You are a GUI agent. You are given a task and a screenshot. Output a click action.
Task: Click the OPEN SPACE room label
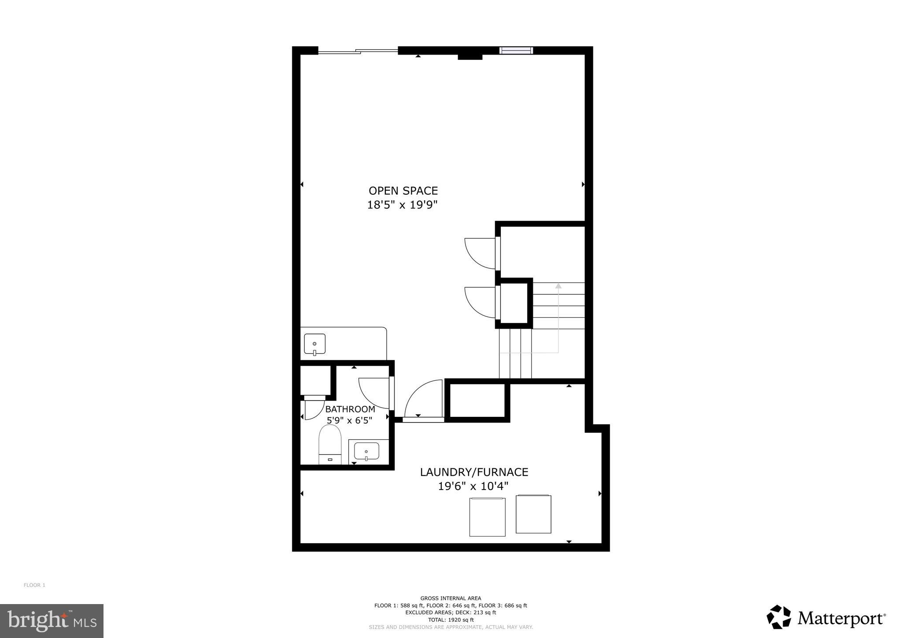pyautogui.click(x=403, y=191)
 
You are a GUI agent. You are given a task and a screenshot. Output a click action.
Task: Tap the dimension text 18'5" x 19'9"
pyautogui.click(x=403, y=205)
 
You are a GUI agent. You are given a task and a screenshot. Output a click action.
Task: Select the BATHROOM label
pyautogui.click(x=350, y=409)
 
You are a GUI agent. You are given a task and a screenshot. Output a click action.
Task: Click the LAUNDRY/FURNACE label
pyautogui.click(x=474, y=472)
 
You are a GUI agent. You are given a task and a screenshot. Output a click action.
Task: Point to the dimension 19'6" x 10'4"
pyautogui.click(x=473, y=486)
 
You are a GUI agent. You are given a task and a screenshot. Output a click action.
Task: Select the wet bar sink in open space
pyautogui.click(x=314, y=344)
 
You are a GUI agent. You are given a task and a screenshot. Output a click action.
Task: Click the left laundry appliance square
pyautogui.click(x=487, y=517)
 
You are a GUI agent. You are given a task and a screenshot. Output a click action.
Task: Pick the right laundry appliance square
pyautogui.click(x=533, y=514)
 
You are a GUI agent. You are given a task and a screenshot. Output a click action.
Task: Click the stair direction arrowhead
pyautogui.click(x=558, y=286)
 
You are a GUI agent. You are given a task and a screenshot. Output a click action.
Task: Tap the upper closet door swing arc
pyautogui.click(x=480, y=253)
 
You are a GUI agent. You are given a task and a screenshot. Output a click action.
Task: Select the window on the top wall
pyautogui.click(x=516, y=50)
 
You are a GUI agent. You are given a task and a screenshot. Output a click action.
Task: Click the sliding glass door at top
pyautogui.click(x=358, y=51)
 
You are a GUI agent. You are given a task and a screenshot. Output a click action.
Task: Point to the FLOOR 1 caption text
pyautogui.click(x=34, y=585)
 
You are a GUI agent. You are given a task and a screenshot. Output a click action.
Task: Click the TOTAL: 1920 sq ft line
pyautogui.click(x=451, y=619)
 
